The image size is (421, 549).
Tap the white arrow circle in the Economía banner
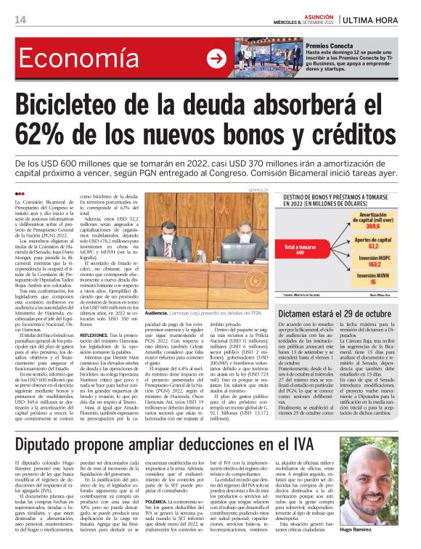pos(216,59)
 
